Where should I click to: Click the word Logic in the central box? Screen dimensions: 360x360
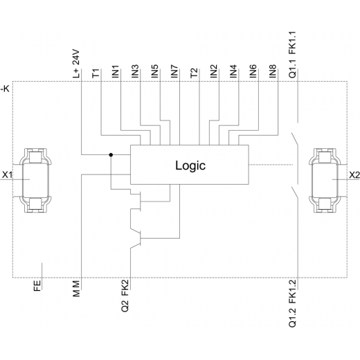click(x=190, y=166)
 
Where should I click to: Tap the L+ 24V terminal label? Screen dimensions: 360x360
click(x=76, y=64)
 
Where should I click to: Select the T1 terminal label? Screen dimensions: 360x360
click(x=96, y=73)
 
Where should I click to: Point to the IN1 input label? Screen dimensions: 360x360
click(x=115, y=71)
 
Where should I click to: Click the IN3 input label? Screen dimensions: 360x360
click(x=135, y=71)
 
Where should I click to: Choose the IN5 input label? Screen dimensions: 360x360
click(x=154, y=71)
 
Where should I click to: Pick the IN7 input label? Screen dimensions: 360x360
click(x=174, y=71)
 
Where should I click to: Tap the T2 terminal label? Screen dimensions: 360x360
click(x=194, y=73)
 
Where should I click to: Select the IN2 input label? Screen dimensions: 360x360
click(x=214, y=71)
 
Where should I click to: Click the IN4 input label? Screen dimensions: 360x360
click(x=233, y=71)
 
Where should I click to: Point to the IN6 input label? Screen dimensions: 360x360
click(x=253, y=71)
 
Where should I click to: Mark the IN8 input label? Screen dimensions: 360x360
click(x=273, y=71)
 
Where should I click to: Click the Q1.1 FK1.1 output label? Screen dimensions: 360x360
click(x=292, y=55)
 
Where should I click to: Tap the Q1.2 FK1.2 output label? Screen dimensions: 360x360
click(x=292, y=304)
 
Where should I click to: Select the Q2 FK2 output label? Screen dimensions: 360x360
click(x=125, y=296)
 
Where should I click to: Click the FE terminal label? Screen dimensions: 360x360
click(x=37, y=286)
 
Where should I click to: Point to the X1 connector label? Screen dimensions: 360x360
click(x=7, y=175)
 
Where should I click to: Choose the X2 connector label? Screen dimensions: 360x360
click(x=354, y=175)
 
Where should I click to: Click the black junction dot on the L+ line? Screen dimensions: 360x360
click(x=111, y=154)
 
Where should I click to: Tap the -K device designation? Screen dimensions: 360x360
click(x=5, y=89)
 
